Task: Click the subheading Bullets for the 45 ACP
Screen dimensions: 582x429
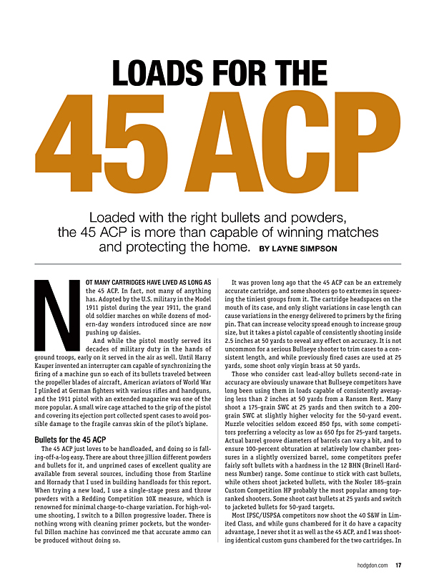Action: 70,439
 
